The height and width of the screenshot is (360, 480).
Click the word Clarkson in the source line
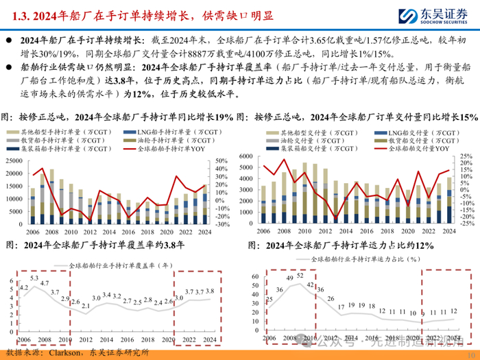click(67, 352)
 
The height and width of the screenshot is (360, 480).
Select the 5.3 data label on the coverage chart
click(34, 258)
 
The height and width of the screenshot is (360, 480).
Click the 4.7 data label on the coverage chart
click(44, 265)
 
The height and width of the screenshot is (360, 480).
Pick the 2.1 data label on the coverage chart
click(86, 287)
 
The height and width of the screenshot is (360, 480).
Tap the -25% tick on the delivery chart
click(466, 224)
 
